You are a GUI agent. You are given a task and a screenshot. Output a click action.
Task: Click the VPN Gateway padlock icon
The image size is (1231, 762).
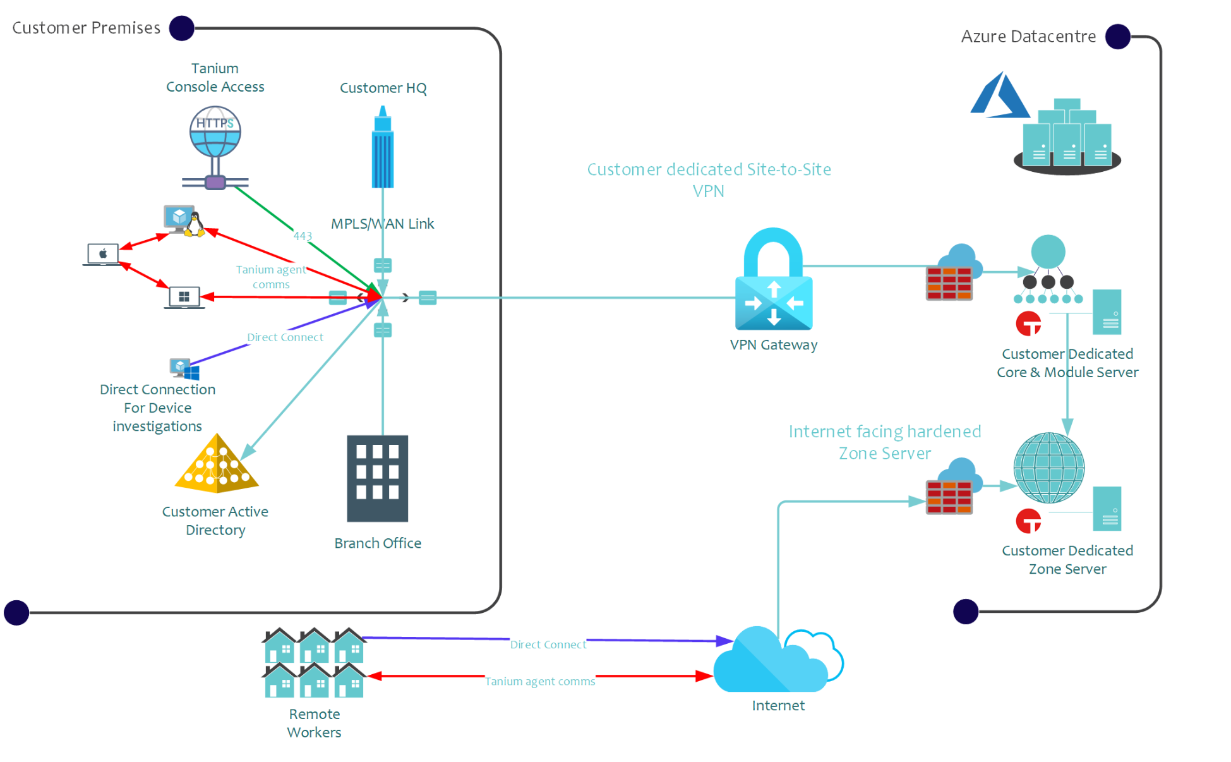coord(773,279)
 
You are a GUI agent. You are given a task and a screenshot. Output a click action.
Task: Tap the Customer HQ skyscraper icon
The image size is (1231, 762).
coord(382,148)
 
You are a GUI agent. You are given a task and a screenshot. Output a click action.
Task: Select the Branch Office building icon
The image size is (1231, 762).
coord(378,478)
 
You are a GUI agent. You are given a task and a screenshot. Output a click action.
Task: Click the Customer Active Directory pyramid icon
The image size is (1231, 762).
coord(217,465)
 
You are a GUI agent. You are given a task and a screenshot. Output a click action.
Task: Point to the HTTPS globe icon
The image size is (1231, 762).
coord(215,133)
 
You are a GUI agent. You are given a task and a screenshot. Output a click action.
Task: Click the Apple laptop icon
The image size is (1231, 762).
coord(102,255)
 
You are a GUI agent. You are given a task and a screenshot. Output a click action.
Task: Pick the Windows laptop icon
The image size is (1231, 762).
coord(184,298)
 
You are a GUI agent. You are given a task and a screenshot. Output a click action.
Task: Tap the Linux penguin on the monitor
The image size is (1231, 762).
coord(195,224)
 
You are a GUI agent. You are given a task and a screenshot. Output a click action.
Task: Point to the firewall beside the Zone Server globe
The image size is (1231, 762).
coord(949,497)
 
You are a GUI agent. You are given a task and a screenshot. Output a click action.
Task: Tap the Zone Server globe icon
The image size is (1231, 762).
coord(1048,468)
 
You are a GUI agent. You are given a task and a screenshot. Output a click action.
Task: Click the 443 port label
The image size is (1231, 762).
coord(303,236)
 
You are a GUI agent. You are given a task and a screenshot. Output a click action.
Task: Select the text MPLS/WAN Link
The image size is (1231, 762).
coord(382,224)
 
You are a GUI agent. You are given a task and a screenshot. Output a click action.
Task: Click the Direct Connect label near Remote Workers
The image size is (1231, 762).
coord(548,644)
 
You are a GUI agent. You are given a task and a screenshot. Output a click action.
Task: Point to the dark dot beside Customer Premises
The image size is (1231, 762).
coord(182,28)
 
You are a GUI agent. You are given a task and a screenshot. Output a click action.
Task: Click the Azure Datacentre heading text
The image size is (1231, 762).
coord(1028,37)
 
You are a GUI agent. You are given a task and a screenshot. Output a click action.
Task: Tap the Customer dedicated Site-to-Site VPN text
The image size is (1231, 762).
coord(709,180)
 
